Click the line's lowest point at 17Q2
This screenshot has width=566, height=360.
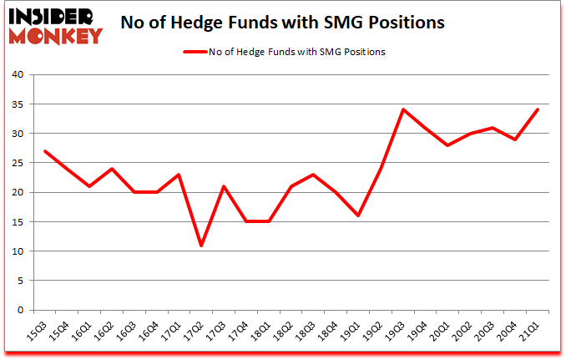[x=201, y=246]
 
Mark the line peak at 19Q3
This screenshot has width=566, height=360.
[x=405, y=109]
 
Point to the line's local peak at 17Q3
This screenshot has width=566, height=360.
[x=224, y=186]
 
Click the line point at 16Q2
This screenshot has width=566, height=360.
[x=111, y=169]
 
